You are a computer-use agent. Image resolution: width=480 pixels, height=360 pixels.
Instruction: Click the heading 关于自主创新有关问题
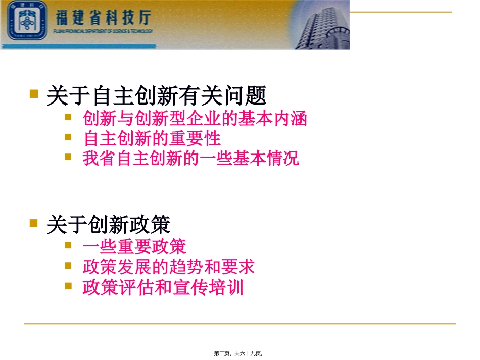156,95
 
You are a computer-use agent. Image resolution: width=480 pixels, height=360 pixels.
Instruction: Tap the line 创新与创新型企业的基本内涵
195,119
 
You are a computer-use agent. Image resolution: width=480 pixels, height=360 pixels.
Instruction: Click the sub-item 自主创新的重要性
152,138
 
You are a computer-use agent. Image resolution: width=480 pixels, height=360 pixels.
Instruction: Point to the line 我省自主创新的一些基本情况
191,158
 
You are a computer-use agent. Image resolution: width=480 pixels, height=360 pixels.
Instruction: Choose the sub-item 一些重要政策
134,247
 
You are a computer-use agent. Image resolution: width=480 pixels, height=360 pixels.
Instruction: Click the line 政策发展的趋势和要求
169,267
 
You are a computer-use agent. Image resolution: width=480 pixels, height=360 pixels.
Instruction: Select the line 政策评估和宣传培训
163,287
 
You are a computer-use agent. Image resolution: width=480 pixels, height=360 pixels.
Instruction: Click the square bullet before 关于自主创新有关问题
34,93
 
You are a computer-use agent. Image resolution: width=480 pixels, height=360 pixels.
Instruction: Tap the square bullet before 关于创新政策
34,222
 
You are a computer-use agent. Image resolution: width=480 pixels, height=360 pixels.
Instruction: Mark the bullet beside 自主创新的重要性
69,137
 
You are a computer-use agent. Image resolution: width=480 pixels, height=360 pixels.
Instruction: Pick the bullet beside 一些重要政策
69,245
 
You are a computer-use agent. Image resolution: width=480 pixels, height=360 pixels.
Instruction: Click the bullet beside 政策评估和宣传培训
69,286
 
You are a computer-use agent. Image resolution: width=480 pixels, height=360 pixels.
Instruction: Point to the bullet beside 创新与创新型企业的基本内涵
69,117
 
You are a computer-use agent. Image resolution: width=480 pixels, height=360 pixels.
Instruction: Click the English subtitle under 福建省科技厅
103,31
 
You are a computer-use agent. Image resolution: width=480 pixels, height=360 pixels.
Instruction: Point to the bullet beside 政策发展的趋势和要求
69,265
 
